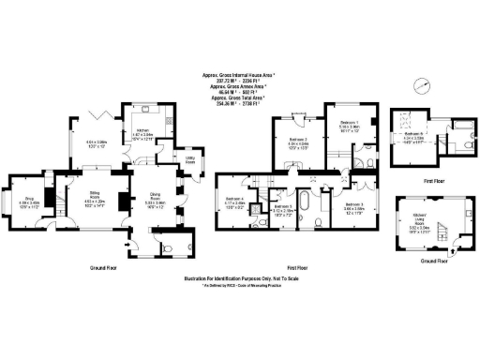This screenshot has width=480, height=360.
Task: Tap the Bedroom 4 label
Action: [x=235, y=199]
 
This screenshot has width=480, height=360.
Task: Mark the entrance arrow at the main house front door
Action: [x=128, y=242]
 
